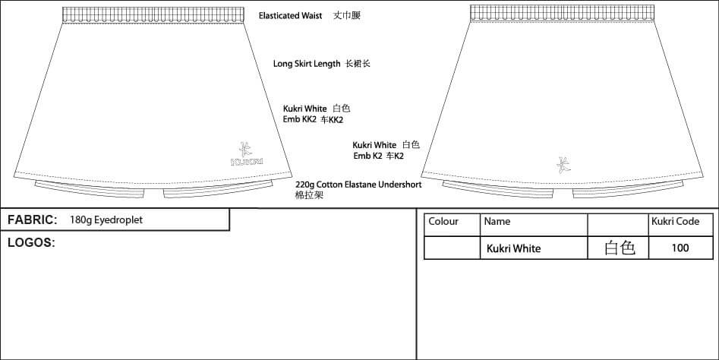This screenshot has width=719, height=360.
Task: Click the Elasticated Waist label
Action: click(x=291, y=16)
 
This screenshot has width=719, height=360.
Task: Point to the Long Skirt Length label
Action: click(x=307, y=64)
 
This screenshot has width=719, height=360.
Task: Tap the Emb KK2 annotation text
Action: click(x=299, y=120)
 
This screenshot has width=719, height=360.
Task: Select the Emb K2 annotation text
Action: click(x=367, y=156)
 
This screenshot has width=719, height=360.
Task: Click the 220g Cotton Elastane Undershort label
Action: click(x=358, y=185)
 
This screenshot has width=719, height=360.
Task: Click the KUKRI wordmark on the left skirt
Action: click(x=247, y=162)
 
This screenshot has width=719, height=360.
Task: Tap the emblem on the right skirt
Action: click(x=563, y=165)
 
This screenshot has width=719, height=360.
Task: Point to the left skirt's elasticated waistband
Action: click(x=153, y=14)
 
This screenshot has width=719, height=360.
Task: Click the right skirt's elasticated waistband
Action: click(x=562, y=13)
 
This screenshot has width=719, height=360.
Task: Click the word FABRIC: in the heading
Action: click(x=33, y=219)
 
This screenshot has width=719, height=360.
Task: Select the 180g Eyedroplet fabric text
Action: click(x=106, y=219)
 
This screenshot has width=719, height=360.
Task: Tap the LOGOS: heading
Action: click(x=31, y=243)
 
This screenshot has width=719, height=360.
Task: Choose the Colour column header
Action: click(x=443, y=222)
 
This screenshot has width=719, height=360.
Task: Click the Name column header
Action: click(x=497, y=222)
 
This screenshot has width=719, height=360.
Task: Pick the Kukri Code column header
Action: click(x=676, y=222)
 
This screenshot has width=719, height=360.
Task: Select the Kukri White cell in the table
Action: click(x=513, y=248)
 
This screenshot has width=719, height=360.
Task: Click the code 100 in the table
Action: click(x=680, y=248)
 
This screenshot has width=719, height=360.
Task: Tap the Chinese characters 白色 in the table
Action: click(x=620, y=248)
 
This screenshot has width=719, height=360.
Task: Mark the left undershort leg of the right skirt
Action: click(x=498, y=189)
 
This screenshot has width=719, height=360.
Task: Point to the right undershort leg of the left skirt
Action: click(x=218, y=189)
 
